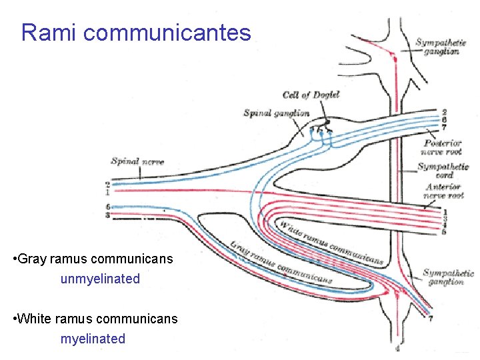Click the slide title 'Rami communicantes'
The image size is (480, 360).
click(136, 33)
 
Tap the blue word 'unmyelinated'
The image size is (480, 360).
click(100, 279)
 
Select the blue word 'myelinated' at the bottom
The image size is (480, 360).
click(93, 339)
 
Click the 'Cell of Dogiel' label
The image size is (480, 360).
click(311, 95)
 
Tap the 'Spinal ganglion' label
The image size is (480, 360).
click(276, 113)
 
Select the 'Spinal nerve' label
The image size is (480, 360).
click(137, 161)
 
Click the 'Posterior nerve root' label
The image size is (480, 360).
click(443, 147)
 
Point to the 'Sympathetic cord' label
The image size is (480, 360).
click(443, 170)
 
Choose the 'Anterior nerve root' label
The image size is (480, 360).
click(444, 191)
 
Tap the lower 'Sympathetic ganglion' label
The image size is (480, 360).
click(448, 277)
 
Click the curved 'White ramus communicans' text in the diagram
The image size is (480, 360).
click(330, 243)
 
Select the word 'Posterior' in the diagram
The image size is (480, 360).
click(443, 143)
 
